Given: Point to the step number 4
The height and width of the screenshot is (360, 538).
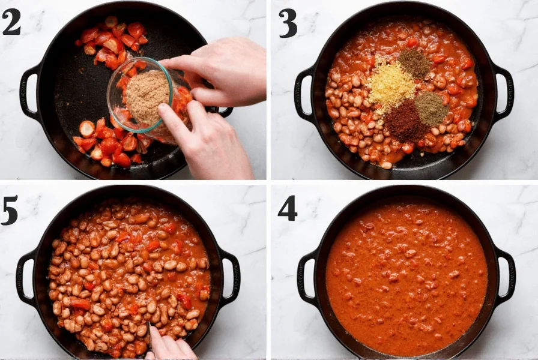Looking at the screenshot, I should (x=288, y=208).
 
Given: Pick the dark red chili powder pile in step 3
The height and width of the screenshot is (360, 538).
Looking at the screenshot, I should (x=405, y=119).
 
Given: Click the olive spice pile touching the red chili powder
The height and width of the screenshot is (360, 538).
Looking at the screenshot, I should (x=431, y=108).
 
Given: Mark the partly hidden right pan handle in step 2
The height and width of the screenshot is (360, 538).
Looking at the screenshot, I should (x=223, y=111).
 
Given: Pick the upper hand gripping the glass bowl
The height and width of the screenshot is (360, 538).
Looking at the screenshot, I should (x=216, y=69).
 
